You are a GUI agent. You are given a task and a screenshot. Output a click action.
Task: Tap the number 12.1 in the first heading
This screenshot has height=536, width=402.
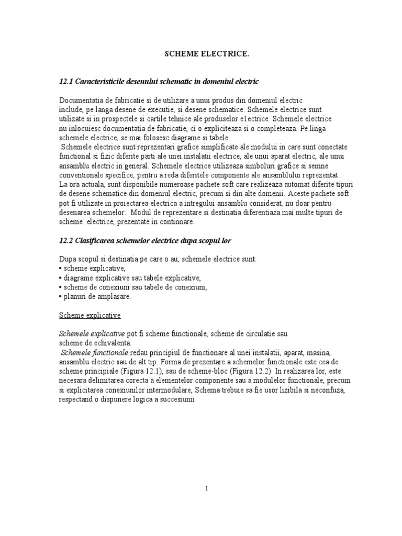tap(67, 82)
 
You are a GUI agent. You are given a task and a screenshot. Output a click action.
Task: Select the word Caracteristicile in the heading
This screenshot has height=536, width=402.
tap(103, 82)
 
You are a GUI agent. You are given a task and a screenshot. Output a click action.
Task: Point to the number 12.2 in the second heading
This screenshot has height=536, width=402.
tap(67, 240)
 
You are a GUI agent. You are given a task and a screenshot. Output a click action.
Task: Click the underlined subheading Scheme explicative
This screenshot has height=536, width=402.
tap(90, 315)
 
